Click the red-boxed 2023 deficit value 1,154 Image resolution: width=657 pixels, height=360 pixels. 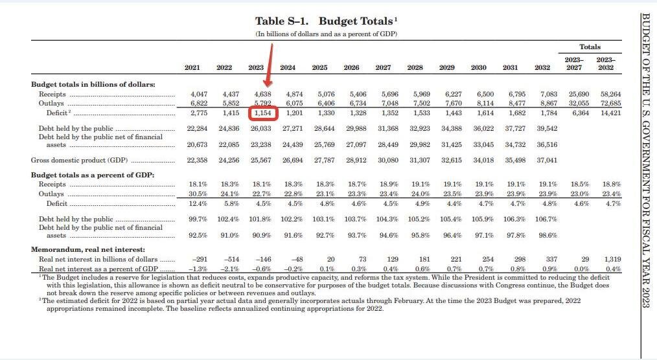tap(262, 113)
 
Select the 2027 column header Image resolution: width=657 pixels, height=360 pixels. tap(383, 67)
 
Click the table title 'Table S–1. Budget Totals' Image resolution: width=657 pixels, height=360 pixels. tap(327, 21)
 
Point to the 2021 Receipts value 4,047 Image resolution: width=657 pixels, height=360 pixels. tap(199, 94)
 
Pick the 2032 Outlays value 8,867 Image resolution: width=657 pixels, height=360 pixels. tap(549, 103)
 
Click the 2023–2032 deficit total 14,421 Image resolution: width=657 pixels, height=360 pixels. tap(610, 113)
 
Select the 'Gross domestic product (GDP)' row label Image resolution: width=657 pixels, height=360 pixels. tap(79, 161)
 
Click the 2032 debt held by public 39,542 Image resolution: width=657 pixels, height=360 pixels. tap(547, 128)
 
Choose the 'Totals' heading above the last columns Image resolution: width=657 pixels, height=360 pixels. tap(590, 47)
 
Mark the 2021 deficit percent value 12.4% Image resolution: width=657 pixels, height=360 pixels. tap(198, 204)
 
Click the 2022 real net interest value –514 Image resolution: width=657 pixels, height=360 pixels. tap(231, 259)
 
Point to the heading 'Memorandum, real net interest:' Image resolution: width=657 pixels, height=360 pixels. tap(88, 249)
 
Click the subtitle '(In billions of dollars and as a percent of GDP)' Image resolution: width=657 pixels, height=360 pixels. tap(327, 34)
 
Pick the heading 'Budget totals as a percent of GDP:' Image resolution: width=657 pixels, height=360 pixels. tap(93, 175)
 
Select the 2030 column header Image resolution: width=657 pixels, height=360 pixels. tap(479, 67)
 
